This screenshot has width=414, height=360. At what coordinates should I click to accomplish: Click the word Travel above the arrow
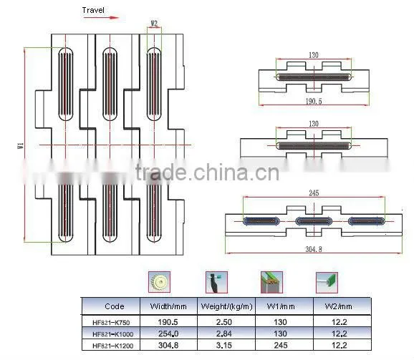93,10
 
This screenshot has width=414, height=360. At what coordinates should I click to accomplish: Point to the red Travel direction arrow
101,18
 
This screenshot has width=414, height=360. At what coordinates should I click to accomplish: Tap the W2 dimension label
154,24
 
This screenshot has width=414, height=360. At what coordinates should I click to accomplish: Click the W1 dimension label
21,145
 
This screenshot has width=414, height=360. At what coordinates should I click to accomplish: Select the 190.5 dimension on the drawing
314,102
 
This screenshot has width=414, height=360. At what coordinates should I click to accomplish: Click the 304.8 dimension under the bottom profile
314,249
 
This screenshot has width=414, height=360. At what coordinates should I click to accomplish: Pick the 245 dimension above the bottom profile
314,193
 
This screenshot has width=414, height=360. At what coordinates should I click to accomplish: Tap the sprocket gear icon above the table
159,282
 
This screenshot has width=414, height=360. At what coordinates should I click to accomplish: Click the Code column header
115,306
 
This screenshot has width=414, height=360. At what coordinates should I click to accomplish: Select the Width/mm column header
168,306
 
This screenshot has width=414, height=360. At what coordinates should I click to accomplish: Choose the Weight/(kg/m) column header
226,306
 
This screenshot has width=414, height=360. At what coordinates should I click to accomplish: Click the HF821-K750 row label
111,322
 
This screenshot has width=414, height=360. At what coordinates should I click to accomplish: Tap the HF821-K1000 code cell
112,334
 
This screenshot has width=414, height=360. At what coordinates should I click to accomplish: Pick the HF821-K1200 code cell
112,346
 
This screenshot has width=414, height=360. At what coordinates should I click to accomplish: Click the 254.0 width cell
168,334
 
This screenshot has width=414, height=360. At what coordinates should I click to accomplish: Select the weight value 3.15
224,345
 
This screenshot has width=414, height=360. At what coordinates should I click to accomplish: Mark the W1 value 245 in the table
280,345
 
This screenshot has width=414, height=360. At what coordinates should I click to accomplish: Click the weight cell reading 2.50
224,322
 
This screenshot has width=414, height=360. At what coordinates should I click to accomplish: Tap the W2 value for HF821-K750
340,322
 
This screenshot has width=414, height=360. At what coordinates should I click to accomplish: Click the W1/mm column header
281,306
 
